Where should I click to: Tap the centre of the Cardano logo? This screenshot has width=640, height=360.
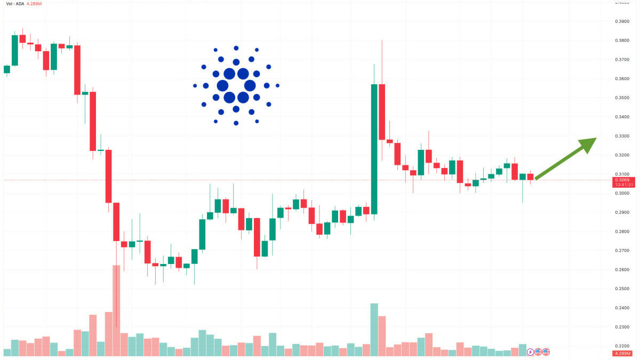(x=236, y=86)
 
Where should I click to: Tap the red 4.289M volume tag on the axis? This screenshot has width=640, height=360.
(x=622, y=353)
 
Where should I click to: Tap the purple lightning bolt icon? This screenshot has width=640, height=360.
(x=530, y=352)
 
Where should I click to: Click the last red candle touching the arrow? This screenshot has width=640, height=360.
(x=530, y=177)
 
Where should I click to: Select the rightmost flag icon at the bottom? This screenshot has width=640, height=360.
(x=546, y=352)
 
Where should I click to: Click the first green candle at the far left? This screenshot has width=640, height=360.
(x=7, y=69)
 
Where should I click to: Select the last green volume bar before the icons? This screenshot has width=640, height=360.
(x=523, y=350)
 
